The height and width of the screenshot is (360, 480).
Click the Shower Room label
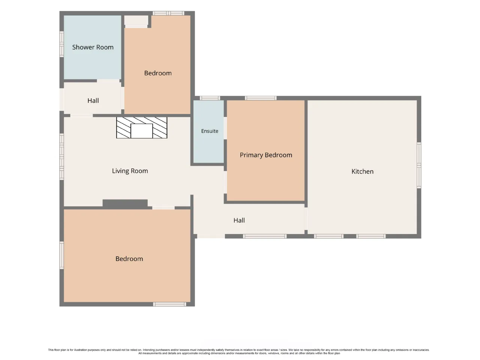[93, 47]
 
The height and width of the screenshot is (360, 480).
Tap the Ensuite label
[210, 131]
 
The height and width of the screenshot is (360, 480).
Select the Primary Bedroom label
[266, 155]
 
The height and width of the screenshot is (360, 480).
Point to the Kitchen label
[362, 171]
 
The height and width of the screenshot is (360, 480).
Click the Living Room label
[130, 171]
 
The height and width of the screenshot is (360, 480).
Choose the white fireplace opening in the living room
[142, 131]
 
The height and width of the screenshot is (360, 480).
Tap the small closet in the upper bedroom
[136, 20]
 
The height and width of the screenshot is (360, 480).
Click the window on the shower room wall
[61, 44]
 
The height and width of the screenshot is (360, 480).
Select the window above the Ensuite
[210, 98]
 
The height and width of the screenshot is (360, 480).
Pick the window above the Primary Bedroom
[261, 98]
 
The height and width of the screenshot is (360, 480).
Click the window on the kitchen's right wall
[419, 165]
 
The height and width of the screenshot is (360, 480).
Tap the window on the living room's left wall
[61, 157]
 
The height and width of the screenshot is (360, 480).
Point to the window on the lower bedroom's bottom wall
[169, 304]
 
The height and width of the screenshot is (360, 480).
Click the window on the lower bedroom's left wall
[61, 255]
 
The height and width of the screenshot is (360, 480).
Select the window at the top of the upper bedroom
[168, 13]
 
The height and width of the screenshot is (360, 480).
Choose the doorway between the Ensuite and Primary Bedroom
[225, 128]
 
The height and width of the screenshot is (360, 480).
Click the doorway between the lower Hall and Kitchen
[306, 219]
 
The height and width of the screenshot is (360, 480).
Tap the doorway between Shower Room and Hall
[108, 81]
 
